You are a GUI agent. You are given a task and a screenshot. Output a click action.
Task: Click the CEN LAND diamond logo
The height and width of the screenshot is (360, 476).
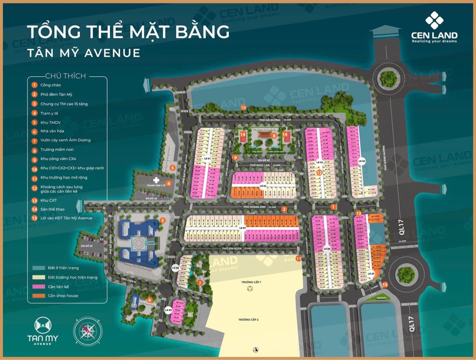coord(434,21)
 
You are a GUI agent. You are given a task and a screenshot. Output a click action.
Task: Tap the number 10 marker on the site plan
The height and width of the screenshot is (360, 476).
coord(243,107)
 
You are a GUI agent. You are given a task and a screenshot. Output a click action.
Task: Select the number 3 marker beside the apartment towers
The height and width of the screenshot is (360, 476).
coord(162,221)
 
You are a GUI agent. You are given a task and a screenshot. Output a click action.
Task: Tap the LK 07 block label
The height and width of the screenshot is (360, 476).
coord(243,228)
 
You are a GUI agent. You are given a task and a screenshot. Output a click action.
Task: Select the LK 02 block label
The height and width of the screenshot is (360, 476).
coord(263,185)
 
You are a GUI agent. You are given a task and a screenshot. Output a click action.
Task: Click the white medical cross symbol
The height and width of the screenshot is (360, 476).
coord(155,179)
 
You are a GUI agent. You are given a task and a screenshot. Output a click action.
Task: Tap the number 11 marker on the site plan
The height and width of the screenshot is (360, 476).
coord(298,258)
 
